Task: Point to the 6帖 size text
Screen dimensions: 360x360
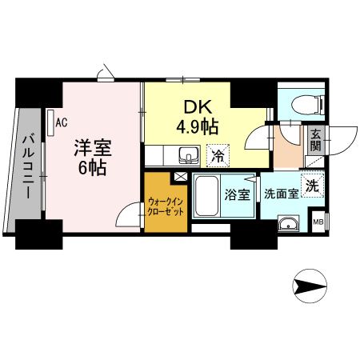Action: [93, 168]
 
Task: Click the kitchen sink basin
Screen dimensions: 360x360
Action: [188, 154]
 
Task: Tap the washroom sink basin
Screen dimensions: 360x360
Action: [287, 223]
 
